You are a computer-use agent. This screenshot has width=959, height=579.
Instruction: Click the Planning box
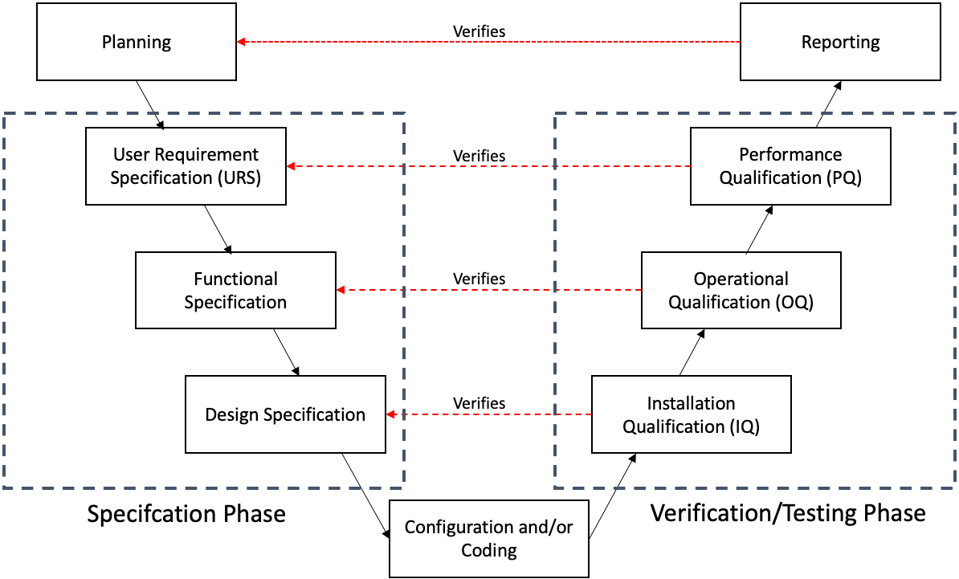137,42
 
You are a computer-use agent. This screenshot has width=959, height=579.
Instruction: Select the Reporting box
840,42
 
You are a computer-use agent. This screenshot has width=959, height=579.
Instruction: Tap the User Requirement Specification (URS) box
186,166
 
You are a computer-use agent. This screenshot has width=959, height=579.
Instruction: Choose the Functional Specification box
235,290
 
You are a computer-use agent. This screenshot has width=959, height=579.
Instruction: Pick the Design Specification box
285,414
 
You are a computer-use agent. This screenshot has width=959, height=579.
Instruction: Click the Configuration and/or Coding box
489,539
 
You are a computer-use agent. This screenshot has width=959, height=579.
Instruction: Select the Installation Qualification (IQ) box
691,414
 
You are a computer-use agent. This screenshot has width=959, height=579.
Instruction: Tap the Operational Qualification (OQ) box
741,290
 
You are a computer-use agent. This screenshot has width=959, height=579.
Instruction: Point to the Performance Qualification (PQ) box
790,166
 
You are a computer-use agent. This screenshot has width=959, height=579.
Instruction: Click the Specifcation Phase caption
186,513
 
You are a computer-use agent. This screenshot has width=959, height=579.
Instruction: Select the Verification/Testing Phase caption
787,513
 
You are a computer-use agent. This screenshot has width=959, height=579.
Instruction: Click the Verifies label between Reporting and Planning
479,31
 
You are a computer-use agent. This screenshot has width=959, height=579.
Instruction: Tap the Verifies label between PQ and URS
479,156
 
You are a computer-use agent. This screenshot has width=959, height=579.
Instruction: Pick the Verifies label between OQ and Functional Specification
479,279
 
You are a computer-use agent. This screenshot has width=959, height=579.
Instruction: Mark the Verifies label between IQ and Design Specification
479,402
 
